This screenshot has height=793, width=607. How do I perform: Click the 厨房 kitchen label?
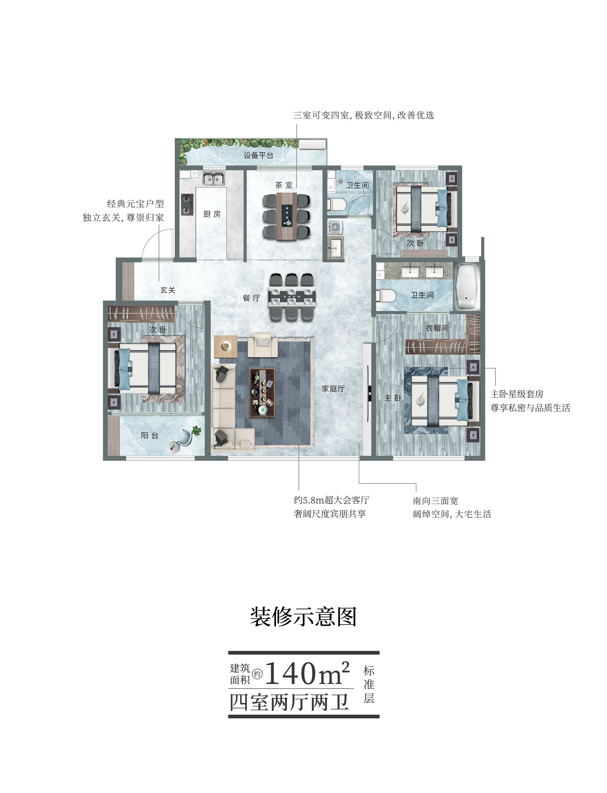point(212,214)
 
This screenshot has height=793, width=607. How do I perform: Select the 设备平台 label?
point(258,155)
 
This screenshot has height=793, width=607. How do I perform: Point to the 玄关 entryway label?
point(168,290)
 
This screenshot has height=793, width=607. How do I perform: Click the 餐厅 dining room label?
point(252,298)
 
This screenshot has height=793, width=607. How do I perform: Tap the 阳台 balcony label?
point(150,435)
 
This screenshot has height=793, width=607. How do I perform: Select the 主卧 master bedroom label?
point(393,398)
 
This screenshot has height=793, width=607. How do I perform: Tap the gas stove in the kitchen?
point(187,204)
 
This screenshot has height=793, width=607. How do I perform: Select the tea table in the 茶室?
point(287,216)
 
